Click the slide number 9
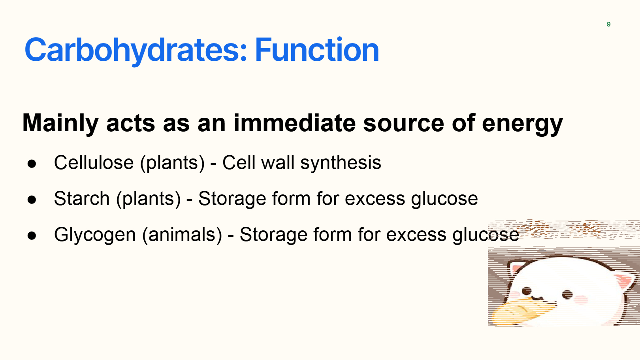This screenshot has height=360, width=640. [608, 24]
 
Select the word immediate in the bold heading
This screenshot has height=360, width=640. [295, 123]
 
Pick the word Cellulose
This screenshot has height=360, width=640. [94, 162]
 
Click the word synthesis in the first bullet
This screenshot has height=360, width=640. [341, 163]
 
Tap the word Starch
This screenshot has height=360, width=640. [82, 198]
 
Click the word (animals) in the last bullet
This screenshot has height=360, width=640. [182, 235]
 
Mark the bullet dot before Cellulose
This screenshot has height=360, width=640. [32, 164]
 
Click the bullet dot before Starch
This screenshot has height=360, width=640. [32, 200]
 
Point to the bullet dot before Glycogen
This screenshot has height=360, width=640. [32, 236]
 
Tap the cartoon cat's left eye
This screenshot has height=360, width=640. [526, 291]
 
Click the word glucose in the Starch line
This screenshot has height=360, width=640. [444, 200]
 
